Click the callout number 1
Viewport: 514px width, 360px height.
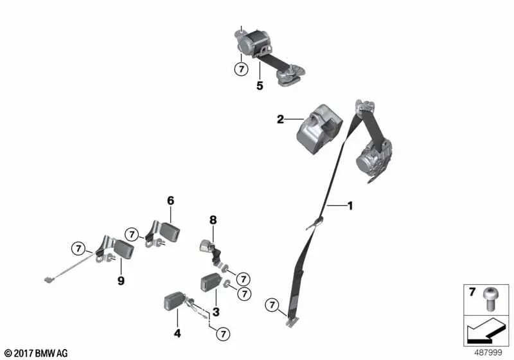tap(350, 206)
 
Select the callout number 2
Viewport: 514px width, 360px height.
tap(280, 120)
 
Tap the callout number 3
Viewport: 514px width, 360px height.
tap(216, 312)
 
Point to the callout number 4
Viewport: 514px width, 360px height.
tap(177, 334)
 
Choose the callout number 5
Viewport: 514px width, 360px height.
tap(260, 86)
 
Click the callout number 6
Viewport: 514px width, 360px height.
tap(171, 201)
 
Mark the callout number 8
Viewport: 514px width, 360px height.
tap(213, 220)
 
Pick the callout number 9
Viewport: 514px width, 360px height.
tap(121, 281)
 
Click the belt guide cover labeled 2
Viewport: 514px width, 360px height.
tap(319, 129)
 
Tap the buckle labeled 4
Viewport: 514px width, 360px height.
tap(172, 301)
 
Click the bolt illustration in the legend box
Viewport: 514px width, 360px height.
tap(489, 299)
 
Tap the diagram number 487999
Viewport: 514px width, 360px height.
tap(488, 353)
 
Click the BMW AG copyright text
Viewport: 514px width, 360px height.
tap(37, 354)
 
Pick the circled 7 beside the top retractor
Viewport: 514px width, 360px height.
tap(242, 69)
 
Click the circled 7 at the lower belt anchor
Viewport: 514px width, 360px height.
tap(272, 305)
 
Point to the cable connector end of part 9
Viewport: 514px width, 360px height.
tap(48, 280)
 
